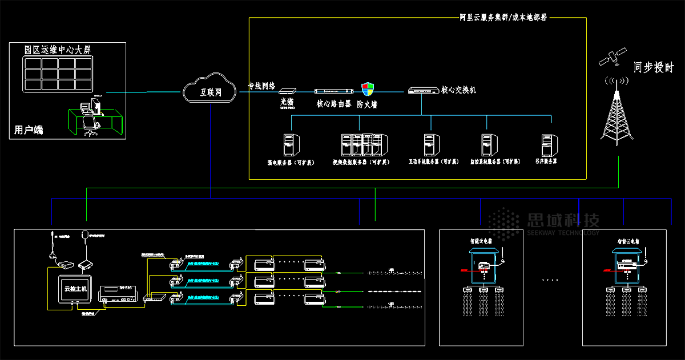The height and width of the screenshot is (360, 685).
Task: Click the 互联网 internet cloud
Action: click(209, 90)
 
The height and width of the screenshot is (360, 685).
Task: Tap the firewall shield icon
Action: click(368, 89)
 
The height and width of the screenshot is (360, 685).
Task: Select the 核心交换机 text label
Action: click(458, 90)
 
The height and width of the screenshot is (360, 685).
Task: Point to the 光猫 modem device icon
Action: click(287, 91)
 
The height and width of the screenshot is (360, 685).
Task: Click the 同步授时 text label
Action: click(654, 68)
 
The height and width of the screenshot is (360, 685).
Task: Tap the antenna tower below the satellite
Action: click(617, 114)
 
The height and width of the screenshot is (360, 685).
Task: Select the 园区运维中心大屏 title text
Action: click(57, 50)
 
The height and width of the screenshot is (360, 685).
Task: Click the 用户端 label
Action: click(29, 130)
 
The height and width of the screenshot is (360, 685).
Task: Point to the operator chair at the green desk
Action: click(90, 125)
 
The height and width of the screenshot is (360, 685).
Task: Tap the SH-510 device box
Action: click(116, 293)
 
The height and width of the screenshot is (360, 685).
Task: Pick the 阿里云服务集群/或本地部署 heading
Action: click(503, 18)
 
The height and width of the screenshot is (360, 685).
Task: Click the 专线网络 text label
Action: click(261, 87)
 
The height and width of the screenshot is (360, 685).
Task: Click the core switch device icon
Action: click(422, 91)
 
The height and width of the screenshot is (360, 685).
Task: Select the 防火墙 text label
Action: click(367, 105)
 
